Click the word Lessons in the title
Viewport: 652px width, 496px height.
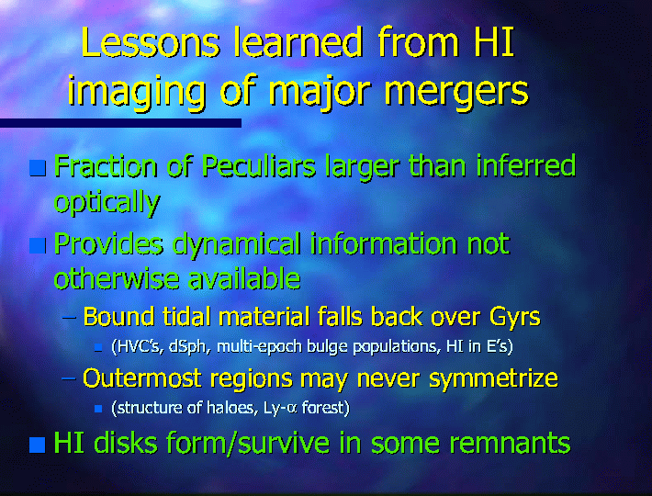point(150,42)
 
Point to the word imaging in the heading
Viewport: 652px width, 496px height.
point(137,91)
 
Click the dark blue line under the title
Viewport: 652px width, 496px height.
point(120,123)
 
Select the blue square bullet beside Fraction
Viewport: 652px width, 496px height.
point(38,168)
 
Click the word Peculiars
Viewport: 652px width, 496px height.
point(259,166)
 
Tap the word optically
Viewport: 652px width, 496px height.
point(107,203)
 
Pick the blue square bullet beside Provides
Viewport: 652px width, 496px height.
point(38,245)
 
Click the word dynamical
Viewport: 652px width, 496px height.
point(236,245)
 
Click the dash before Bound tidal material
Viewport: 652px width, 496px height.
point(70,318)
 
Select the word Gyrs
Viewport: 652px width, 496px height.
point(515,318)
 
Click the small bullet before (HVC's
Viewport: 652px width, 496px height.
point(98,347)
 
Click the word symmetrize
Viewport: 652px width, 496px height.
point(493,379)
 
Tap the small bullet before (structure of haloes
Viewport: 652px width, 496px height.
point(98,409)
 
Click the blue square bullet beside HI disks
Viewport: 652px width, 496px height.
point(38,445)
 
